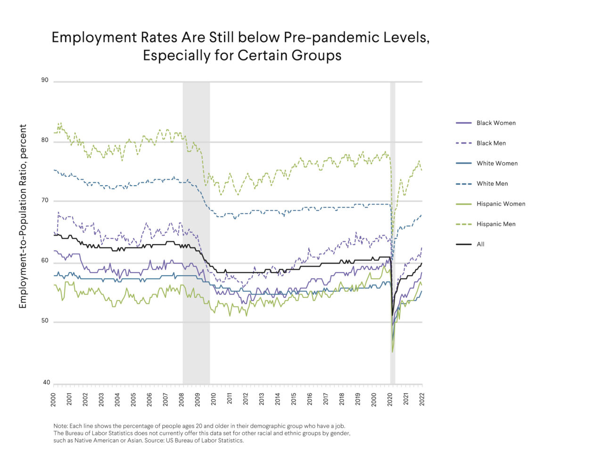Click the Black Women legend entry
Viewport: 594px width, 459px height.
[x=495, y=123]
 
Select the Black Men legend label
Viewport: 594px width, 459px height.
[x=491, y=143]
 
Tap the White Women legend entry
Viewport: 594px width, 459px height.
[x=497, y=164]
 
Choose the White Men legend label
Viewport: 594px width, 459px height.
[x=492, y=184]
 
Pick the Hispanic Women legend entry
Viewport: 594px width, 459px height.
[x=501, y=204]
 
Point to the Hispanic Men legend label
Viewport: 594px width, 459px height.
[x=495, y=224]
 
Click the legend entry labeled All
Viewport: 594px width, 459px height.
[x=480, y=245]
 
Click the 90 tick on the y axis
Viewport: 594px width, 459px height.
[x=45, y=80]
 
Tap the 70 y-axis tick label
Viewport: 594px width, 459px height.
[x=45, y=201]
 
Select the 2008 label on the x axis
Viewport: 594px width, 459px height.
[x=181, y=399]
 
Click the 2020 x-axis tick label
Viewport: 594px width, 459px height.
[x=390, y=399]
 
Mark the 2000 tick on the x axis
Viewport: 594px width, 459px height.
[x=53, y=399]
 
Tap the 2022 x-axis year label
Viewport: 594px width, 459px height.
[x=422, y=399]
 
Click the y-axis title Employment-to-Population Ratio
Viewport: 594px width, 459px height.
[x=23, y=217]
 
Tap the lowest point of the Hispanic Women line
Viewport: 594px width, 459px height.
[x=392, y=352]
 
